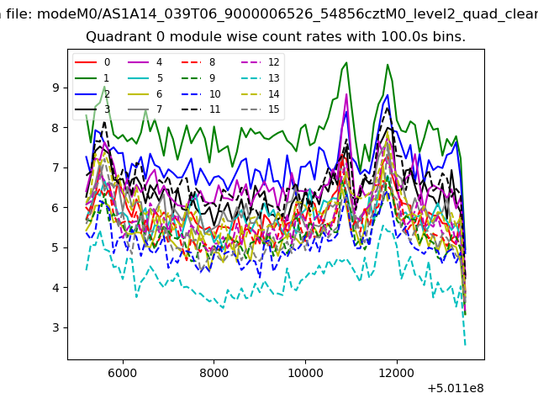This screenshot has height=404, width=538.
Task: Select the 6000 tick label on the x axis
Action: [123, 372]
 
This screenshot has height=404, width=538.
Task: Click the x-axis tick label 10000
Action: [304, 372]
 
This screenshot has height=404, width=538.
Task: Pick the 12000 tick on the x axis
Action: [395, 372]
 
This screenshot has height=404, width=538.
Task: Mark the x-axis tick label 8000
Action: [214, 372]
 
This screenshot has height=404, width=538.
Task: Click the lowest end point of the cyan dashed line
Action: [465, 345]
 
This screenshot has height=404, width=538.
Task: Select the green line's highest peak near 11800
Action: [388, 65]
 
